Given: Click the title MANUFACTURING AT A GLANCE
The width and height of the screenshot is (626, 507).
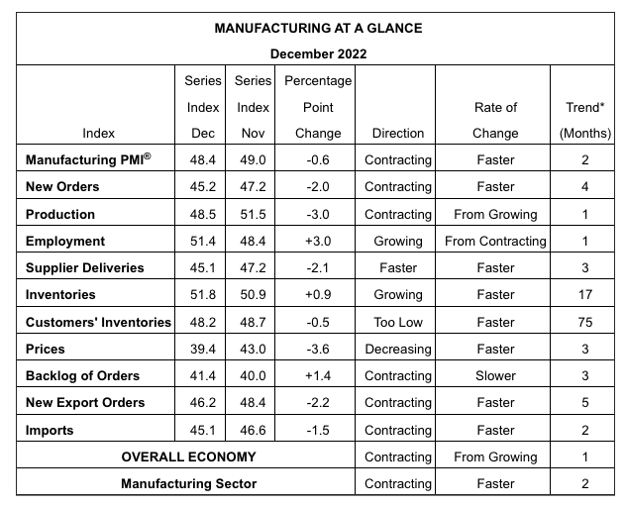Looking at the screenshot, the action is click(318, 29).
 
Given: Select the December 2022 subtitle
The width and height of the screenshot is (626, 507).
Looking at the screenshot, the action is click(318, 53).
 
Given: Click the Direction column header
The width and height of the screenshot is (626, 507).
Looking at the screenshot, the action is click(398, 134).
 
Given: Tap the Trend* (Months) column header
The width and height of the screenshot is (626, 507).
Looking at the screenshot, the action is click(584, 120).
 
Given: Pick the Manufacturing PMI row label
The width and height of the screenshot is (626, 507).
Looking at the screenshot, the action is click(88, 159).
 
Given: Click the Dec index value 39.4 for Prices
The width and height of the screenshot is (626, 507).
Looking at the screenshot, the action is click(202, 350).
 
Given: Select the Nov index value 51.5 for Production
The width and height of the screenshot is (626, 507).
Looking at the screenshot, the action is click(253, 214).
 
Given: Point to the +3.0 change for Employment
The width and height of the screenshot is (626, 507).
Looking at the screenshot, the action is click(318, 242).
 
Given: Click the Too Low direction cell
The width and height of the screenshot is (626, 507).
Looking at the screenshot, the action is click(398, 322).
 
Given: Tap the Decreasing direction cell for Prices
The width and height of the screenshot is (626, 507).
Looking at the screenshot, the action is click(398, 350).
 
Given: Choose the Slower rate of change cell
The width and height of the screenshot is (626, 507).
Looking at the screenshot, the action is click(495, 375).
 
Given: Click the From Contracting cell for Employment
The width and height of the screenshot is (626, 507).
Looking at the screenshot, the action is click(495, 242).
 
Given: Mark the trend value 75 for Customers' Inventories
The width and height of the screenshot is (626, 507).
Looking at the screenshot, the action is click(584, 322).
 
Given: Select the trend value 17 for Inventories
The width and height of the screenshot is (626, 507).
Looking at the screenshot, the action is click(584, 295).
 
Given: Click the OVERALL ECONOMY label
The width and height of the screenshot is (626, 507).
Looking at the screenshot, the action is click(188, 457).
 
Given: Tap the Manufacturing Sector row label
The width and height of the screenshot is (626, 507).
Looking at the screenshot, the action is click(189, 484).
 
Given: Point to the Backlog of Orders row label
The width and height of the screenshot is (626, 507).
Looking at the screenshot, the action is click(82, 375).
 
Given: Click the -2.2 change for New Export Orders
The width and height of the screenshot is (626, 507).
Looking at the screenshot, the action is click(318, 402).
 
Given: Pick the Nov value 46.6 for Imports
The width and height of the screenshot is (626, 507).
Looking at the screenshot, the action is click(253, 431).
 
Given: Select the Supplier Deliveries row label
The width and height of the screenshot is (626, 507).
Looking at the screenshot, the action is click(84, 268).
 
